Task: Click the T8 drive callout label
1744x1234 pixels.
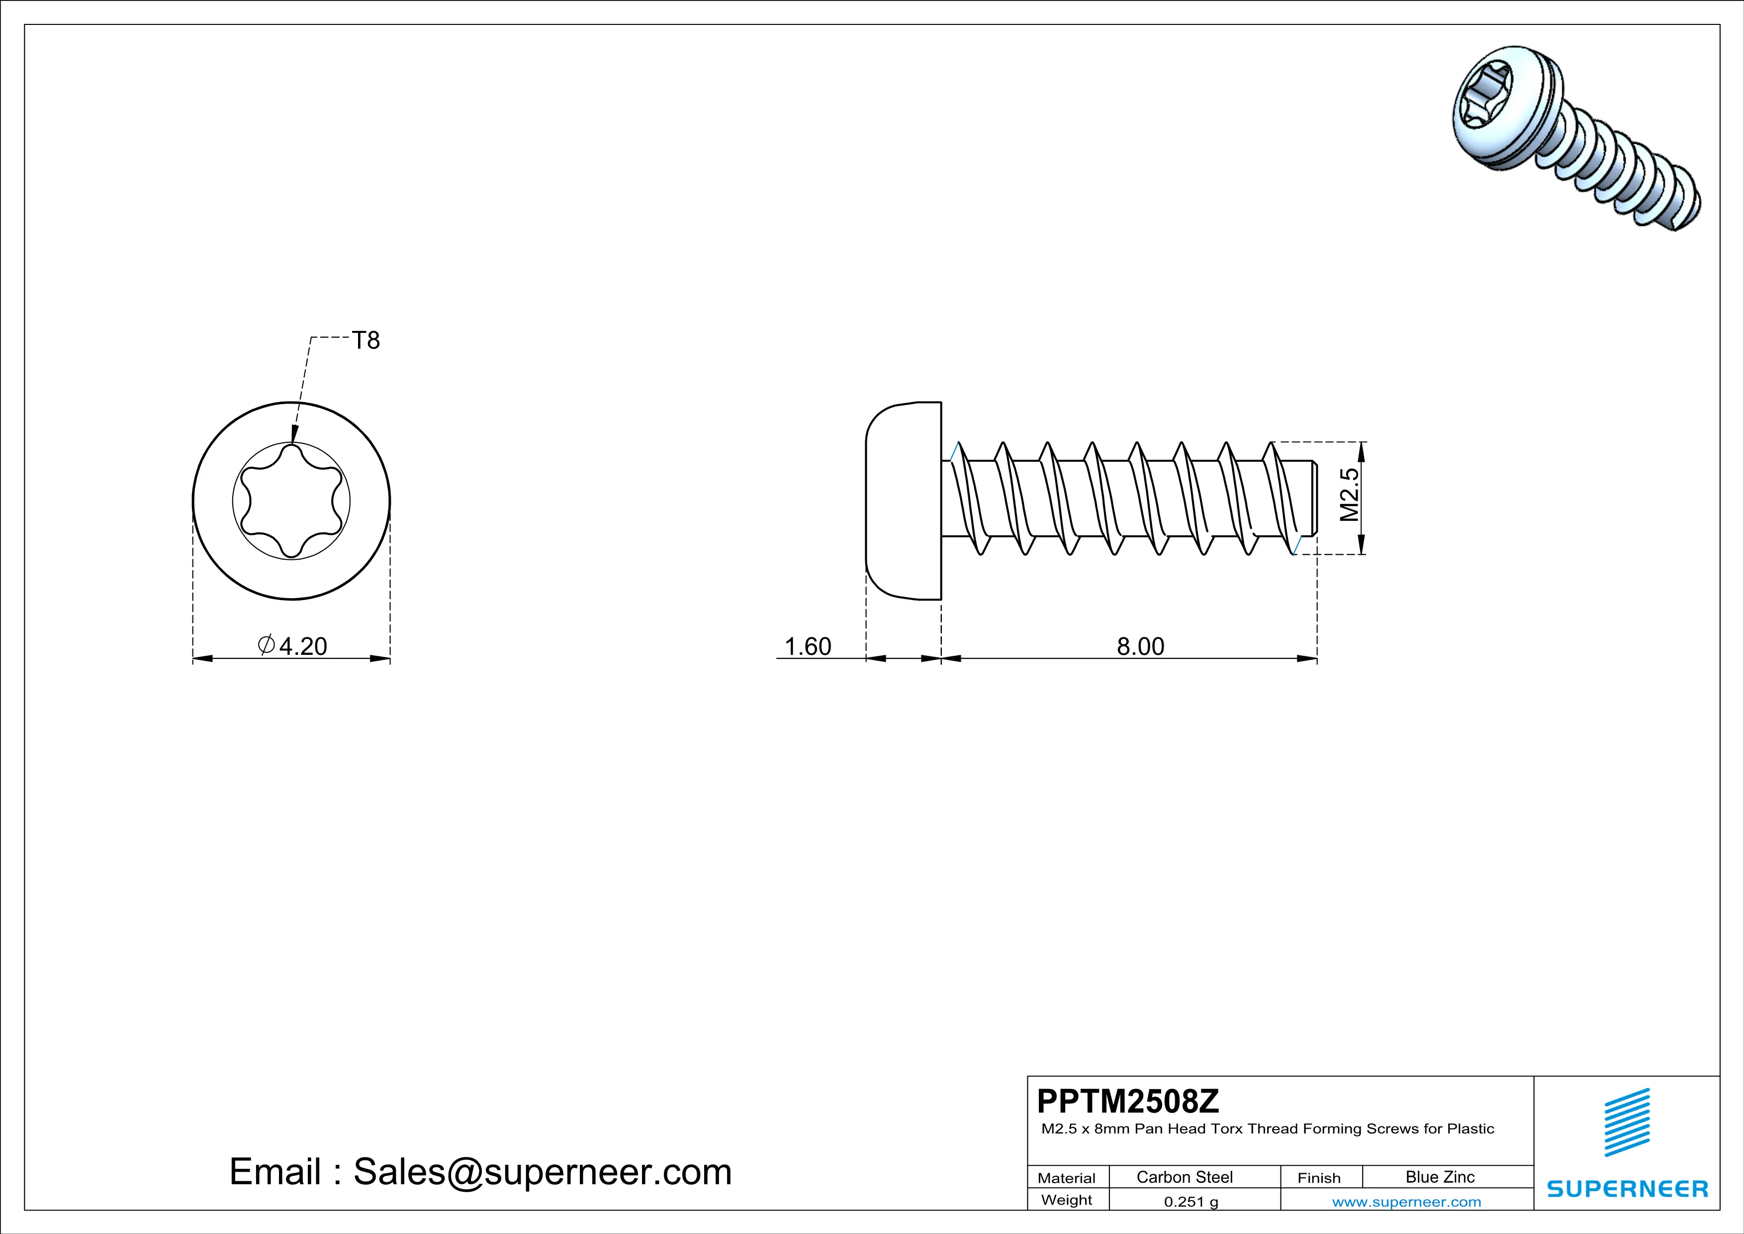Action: point(366,340)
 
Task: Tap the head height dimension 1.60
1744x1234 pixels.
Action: point(808,647)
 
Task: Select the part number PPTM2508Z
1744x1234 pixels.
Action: point(1127,1101)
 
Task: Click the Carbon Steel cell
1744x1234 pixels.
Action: point(1184,1177)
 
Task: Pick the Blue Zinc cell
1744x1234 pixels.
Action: point(1439,1177)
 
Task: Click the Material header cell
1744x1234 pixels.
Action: point(1067,1178)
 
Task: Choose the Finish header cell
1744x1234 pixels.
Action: point(1319,1178)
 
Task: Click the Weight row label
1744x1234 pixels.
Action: point(1067,1200)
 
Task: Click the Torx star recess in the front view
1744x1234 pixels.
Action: point(291,501)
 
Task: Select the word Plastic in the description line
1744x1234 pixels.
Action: point(1470,1129)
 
